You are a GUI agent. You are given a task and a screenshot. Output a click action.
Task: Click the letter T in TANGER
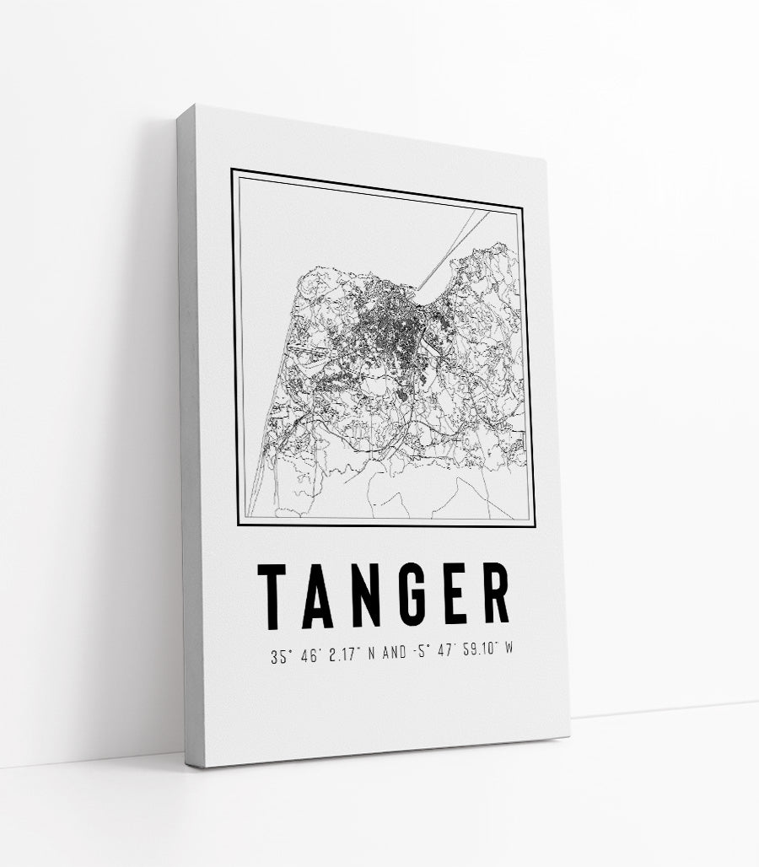click(x=275, y=595)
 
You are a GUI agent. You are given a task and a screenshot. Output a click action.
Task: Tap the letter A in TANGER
click(x=320, y=595)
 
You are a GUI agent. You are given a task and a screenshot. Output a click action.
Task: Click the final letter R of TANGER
click(x=498, y=595)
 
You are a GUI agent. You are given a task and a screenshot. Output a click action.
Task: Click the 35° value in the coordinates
click(x=281, y=658)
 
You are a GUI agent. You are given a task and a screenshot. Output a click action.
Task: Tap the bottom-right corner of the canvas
click(x=568, y=735)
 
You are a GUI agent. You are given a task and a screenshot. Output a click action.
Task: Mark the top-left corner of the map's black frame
click(x=233, y=171)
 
